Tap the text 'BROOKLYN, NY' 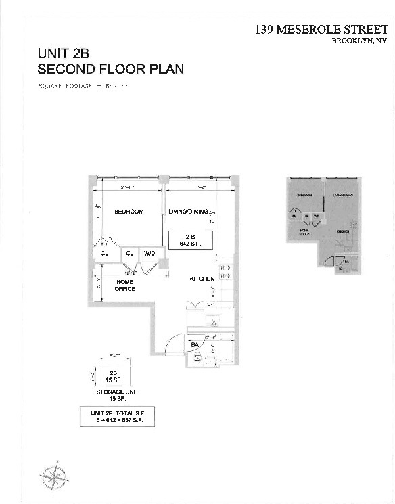click(358, 41)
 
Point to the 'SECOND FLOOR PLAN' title click(110, 69)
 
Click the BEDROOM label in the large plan click(129, 212)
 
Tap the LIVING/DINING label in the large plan click(193, 212)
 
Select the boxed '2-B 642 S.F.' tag click(185, 239)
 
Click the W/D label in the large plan click(149, 254)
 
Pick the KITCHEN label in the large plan click(202, 279)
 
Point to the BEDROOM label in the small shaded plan click(304, 195)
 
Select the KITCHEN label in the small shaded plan click(344, 231)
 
